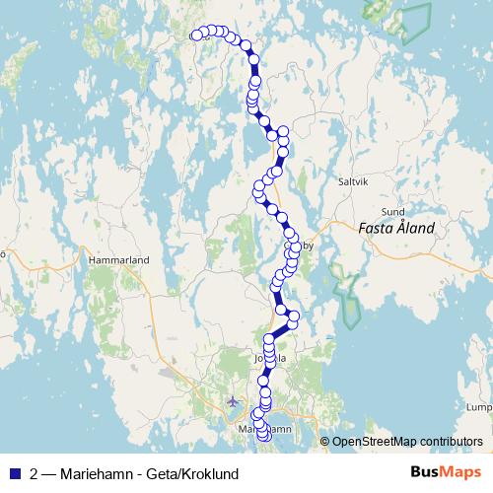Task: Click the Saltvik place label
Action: click(x=352, y=181)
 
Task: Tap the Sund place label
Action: click(x=393, y=211)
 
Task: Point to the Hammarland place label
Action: click(x=117, y=259)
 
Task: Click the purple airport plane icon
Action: click(x=233, y=401)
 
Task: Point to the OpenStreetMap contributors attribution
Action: click(x=407, y=441)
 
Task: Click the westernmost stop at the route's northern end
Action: click(x=196, y=35)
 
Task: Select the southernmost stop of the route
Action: click(x=262, y=451)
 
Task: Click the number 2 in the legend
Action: click(x=35, y=473)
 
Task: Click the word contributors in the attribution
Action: click(x=451, y=441)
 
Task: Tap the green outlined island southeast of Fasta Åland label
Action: click(x=348, y=296)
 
